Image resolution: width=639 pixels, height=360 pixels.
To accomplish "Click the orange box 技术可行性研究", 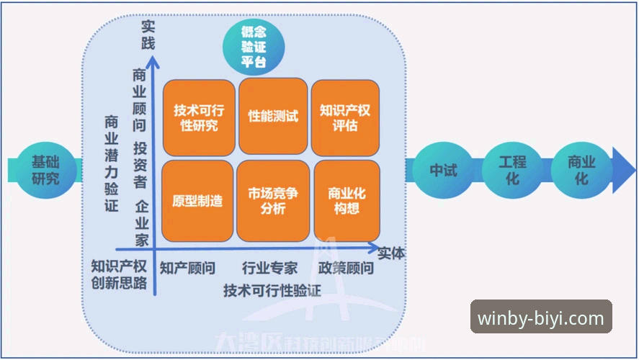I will tap(199, 117).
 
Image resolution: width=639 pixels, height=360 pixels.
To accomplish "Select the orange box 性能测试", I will tap(273, 115).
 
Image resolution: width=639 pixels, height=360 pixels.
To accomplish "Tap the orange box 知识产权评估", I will tap(345, 117).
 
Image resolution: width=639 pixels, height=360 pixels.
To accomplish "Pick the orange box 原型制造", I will tap(197, 201).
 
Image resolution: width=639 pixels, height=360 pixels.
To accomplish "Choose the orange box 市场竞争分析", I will tap(272, 201).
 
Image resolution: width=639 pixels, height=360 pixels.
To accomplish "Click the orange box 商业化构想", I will tap(347, 201).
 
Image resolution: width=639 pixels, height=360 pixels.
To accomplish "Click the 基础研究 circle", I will tap(45, 169).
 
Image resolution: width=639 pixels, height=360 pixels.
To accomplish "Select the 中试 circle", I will tap(443, 170).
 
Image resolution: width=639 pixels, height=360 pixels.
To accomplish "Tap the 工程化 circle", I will tap(512, 169).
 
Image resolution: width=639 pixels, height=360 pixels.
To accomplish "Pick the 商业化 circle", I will tap(581, 170).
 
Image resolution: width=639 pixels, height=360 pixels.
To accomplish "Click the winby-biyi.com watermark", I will tap(541, 317).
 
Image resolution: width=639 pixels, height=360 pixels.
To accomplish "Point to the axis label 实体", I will tap(391, 253).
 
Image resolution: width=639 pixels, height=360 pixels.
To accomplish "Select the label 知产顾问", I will tap(187, 269).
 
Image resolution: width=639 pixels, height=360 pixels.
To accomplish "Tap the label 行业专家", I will tap(270, 269).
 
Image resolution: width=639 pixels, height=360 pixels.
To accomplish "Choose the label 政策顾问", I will tap(347, 269).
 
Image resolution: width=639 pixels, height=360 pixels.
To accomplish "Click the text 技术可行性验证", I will tap(272, 290).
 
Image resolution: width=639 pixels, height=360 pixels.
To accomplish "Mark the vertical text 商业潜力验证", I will tap(111, 163).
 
